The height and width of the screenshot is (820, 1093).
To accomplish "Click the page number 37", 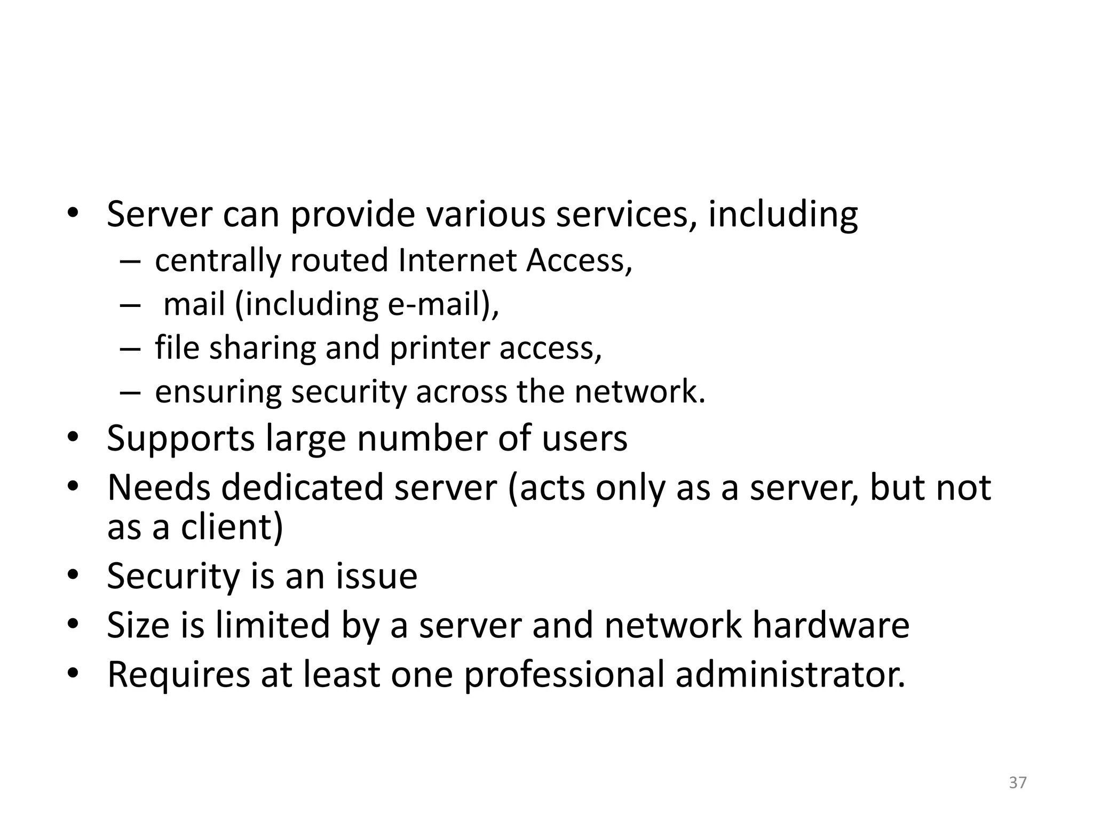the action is [x=1018, y=782].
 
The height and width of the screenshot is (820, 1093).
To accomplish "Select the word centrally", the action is [x=218, y=261].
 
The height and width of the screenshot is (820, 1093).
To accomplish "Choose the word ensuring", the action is [x=218, y=392].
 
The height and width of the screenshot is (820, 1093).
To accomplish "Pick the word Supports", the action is [x=181, y=439].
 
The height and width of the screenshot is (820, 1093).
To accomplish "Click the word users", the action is [x=584, y=439].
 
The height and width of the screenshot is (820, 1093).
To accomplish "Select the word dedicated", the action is [x=302, y=487].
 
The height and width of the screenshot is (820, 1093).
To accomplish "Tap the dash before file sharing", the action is [x=130, y=349].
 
